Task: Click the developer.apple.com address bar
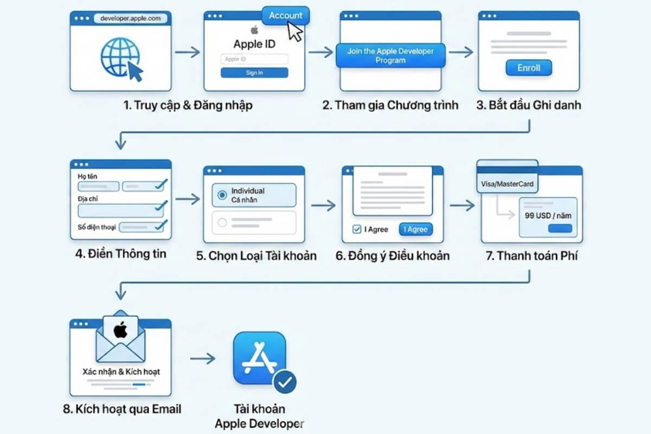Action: click(x=131, y=18)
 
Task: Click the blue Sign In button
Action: click(x=254, y=73)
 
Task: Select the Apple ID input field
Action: click(x=254, y=59)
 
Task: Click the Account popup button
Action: click(x=285, y=15)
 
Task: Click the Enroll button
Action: click(x=528, y=68)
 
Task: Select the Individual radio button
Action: click(x=221, y=195)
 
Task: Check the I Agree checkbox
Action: click(x=356, y=229)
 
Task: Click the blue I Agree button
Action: click(x=416, y=229)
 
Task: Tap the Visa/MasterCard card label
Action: click(x=507, y=183)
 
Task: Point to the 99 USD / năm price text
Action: click(x=548, y=215)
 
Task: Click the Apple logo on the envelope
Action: click(x=120, y=329)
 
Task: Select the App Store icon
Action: click(x=259, y=358)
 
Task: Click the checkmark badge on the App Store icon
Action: click(x=285, y=383)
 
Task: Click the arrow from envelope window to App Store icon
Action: click(x=203, y=359)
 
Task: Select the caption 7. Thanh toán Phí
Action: click(x=532, y=255)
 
